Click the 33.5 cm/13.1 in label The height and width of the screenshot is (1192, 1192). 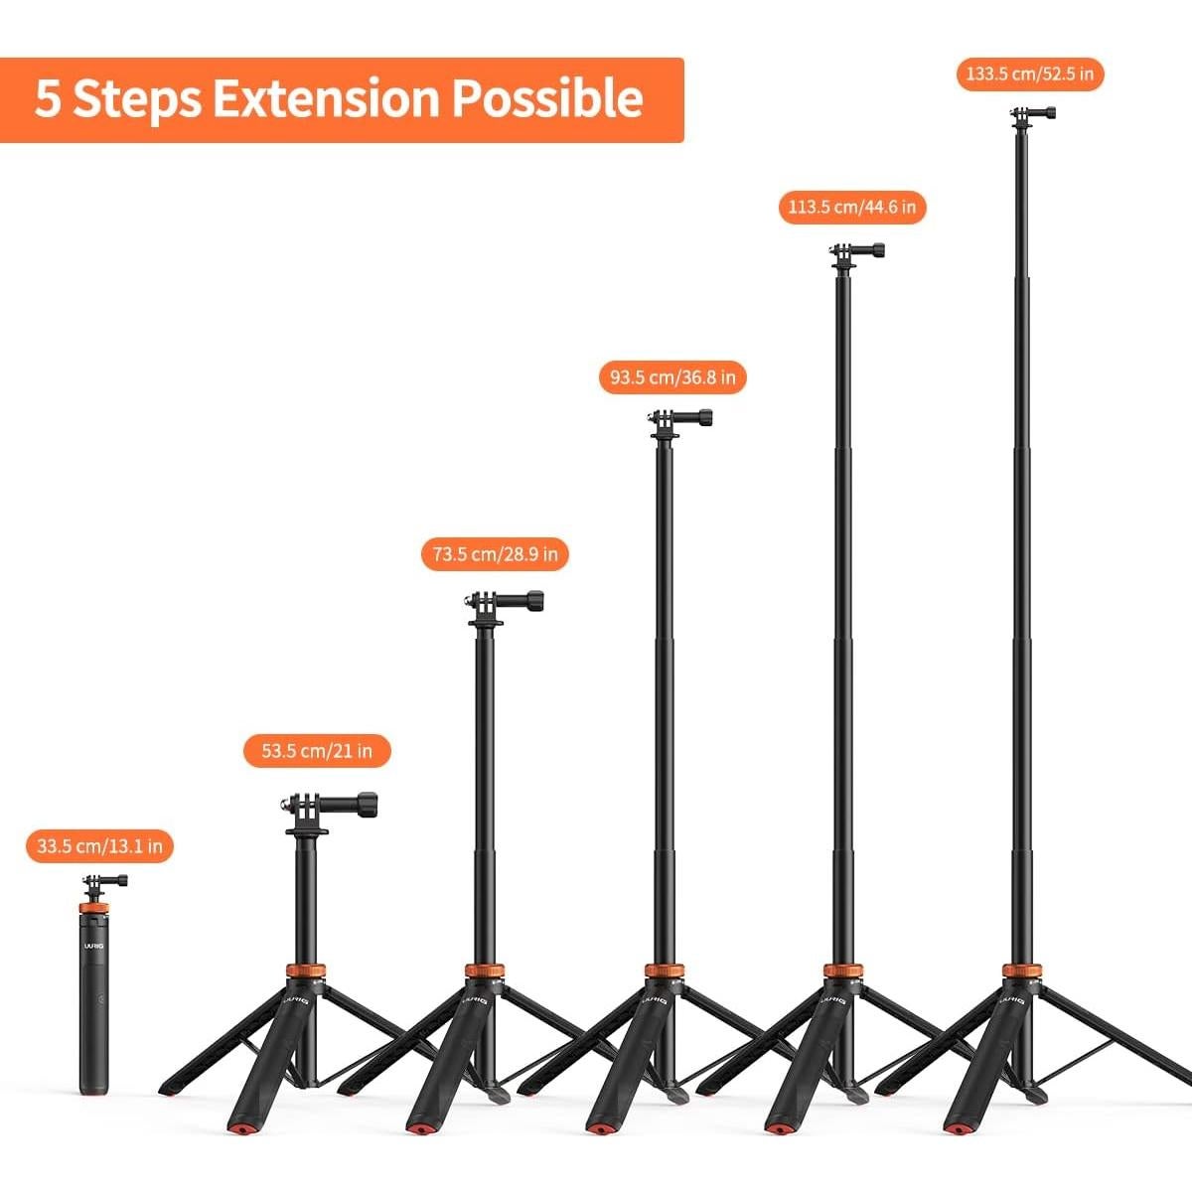[x=99, y=846]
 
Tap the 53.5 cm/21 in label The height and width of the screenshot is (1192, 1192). [x=317, y=751]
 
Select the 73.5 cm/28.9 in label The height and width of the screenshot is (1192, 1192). [x=495, y=553]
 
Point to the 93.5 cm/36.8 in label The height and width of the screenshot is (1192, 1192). [x=672, y=377]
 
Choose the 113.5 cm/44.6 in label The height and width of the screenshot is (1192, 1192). [x=851, y=208]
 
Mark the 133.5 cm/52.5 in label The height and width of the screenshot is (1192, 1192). [x=1030, y=74]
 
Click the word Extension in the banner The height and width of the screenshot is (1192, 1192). [x=326, y=99]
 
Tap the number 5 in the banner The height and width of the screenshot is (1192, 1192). [x=48, y=99]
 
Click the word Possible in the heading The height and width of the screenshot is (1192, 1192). [x=547, y=99]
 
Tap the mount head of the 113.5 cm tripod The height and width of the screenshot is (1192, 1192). [x=854, y=252]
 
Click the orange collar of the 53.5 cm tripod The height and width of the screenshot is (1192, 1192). [x=305, y=970]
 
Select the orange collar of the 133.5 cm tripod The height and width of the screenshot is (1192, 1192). [x=1021, y=970]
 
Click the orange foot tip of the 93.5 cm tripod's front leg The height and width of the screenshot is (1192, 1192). [x=601, y=1130]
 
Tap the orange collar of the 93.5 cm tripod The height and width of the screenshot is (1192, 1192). [x=663, y=970]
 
